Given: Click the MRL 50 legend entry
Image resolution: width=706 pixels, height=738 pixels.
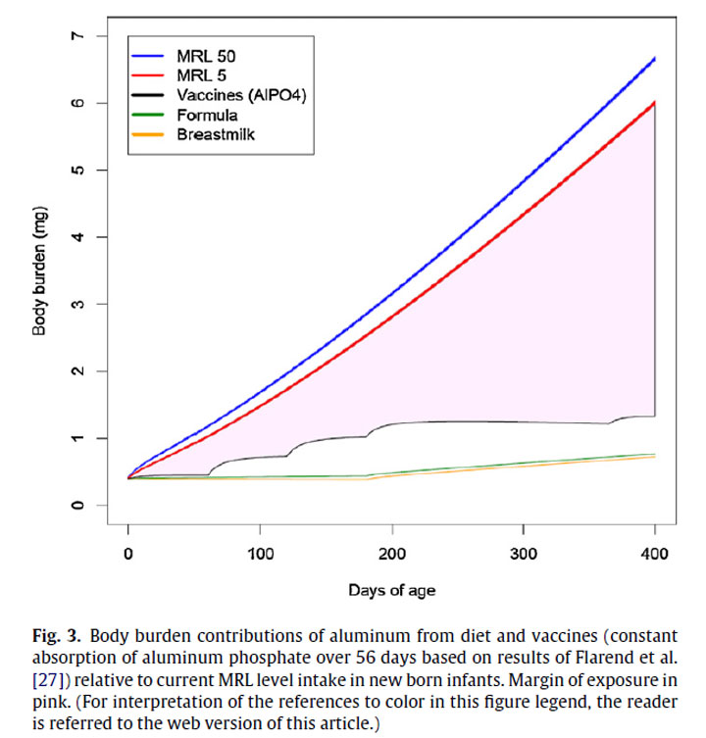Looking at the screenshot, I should [x=205, y=56].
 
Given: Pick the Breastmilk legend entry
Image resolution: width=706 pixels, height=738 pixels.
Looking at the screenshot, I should [x=216, y=134].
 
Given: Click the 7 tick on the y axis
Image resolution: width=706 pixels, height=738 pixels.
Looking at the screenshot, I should [x=75, y=36].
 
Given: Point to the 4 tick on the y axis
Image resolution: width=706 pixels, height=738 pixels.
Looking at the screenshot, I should [x=75, y=237].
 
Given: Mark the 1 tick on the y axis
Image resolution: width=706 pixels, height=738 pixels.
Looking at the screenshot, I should [x=75, y=438].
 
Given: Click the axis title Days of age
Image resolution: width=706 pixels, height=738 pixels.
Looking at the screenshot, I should [x=392, y=590].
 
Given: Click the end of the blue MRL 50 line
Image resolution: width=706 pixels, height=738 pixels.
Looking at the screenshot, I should [x=654, y=59].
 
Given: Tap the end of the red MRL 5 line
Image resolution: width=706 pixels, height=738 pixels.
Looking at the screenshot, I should [x=654, y=102].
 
